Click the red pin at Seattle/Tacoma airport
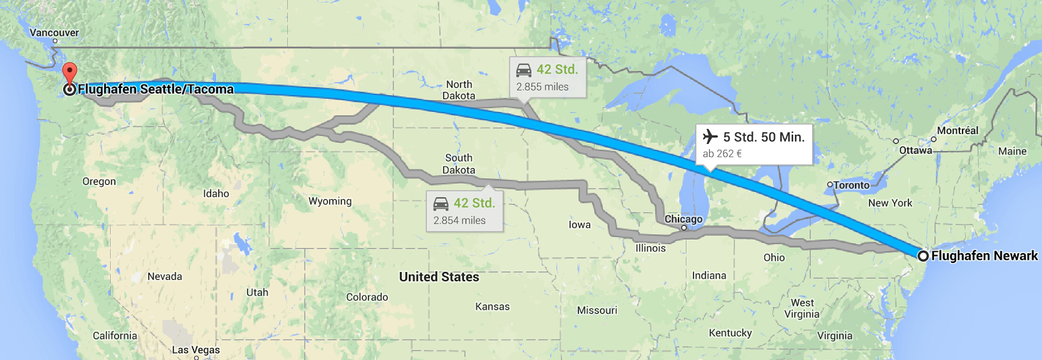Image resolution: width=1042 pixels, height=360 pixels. pyautogui.click(x=69, y=72)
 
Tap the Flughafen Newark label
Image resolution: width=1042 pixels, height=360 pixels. pyautogui.click(x=984, y=256)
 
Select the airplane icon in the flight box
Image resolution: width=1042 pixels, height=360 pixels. pyautogui.click(x=710, y=137)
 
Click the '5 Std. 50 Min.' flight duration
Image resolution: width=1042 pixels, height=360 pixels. pyautogui.click(x=764, y=137)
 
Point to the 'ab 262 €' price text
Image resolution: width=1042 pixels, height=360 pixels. pyautogui.click(x=722, y=154)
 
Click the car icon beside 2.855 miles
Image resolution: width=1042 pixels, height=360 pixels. pyautogui.click(x=524, y=70)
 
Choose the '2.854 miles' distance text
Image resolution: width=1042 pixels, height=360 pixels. pyautogui.click(x=459, y=221)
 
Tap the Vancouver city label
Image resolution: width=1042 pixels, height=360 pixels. pyautogui.click(x=54, y=33)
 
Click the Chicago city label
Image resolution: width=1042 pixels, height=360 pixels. pyautogui.click(x=683, y=219)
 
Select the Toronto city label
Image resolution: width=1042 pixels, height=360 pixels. pyautogui.click(x=851, y=185)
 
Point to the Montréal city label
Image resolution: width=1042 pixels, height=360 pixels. pyautogui.click(x=957, y=130)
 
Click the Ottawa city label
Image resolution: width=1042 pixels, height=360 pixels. pyautogui.click(x=915, y=150)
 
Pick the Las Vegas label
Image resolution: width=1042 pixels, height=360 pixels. pyautogui.click(x=195, y=350)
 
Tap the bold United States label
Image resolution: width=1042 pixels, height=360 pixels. pyautogui.click(x=439, y=277)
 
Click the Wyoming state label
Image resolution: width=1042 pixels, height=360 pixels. pyautogui.click(x=330, y=201)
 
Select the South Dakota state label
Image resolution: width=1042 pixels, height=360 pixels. pyautogui.click(x=458, y=164)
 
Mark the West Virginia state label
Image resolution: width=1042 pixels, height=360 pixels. pyautogui.click(x=802, y=308)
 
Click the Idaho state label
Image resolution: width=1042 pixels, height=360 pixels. pyautogui.click(x=216, y=193)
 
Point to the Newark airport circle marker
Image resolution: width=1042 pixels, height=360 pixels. pyautogui.click(x=923, y=256)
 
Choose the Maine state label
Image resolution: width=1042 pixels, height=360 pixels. pyautogui.click(x=1012, y=151)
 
